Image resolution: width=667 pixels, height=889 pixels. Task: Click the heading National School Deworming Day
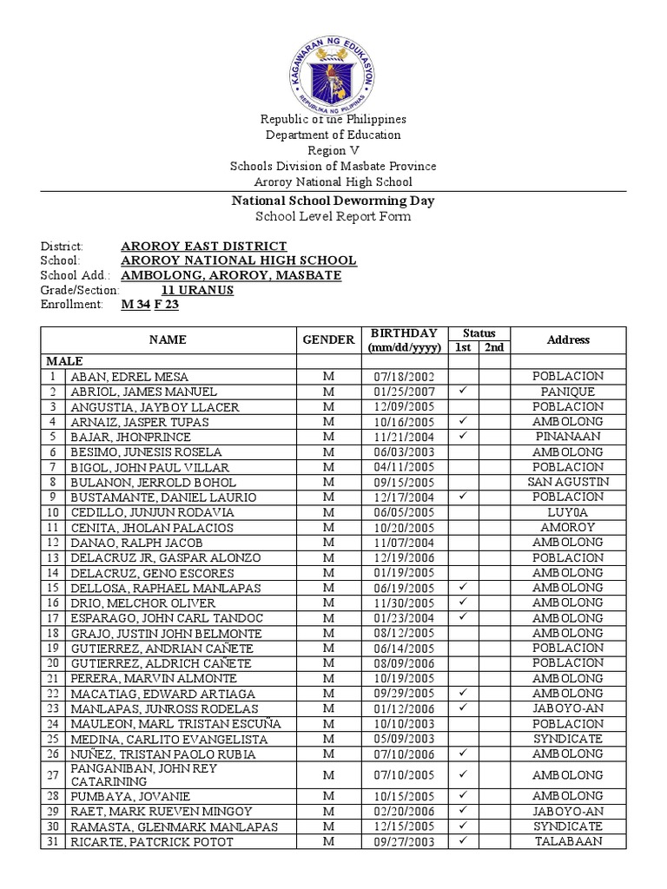pos(332,201)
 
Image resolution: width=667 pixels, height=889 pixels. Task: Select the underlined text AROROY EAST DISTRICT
pos(203,247)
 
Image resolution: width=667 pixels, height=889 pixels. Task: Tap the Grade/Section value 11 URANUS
pos(197,290)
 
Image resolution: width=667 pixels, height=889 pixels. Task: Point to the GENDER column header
pos(328,339)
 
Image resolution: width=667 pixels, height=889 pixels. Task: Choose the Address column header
pos(568,339)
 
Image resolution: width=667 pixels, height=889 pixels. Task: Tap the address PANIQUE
pos(568,392)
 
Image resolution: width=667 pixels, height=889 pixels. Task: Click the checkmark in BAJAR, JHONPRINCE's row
pos(463,437)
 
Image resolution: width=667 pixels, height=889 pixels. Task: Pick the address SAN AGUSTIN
pos(568,482)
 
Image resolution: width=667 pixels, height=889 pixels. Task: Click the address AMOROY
pos(568,527)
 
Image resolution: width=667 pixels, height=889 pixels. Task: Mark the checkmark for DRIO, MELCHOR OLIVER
pos(463,603)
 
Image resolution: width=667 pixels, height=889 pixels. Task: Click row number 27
pos(53,775)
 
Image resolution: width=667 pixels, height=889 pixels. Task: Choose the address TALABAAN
pos(568,841)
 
